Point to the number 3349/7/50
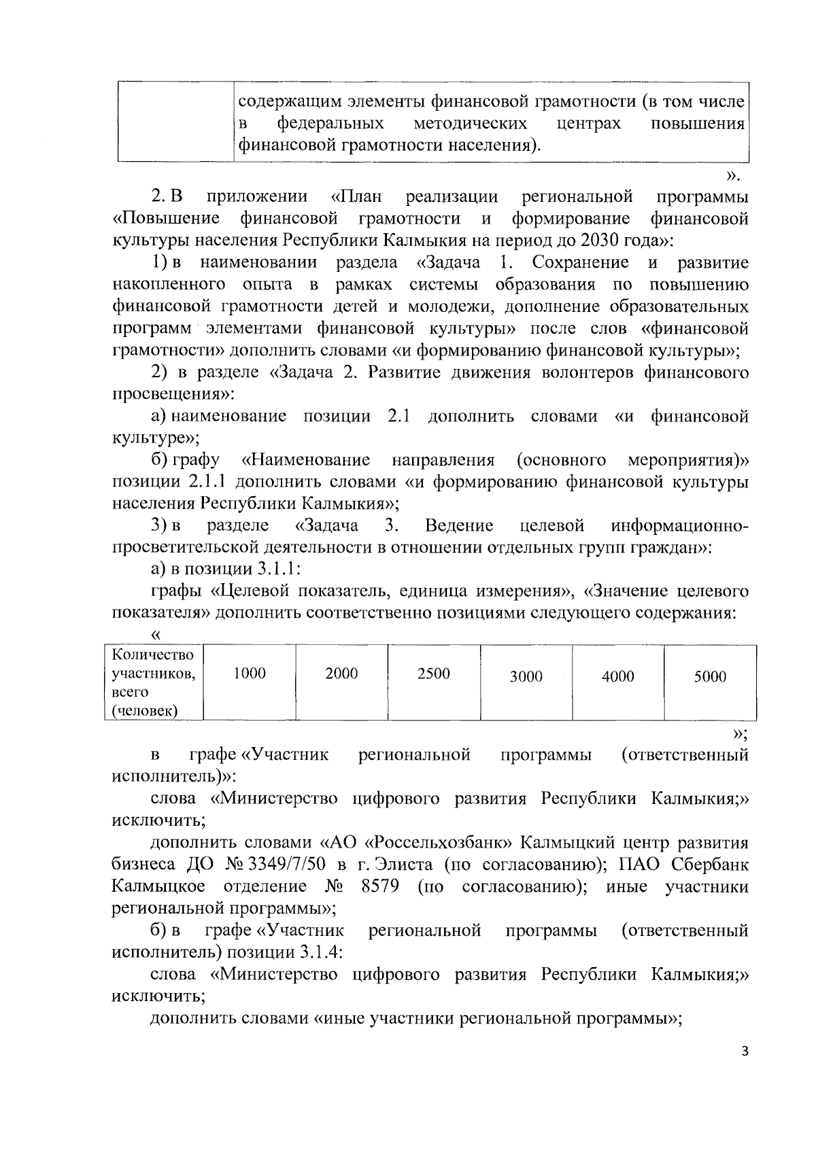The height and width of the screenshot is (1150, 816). coord(264,865)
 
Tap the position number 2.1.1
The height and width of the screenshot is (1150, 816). coord(203,483)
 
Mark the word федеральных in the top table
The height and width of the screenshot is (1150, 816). coord(330,124)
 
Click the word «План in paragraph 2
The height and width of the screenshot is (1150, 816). coord(356,197)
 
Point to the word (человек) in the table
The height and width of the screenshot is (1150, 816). coord(145,712)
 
